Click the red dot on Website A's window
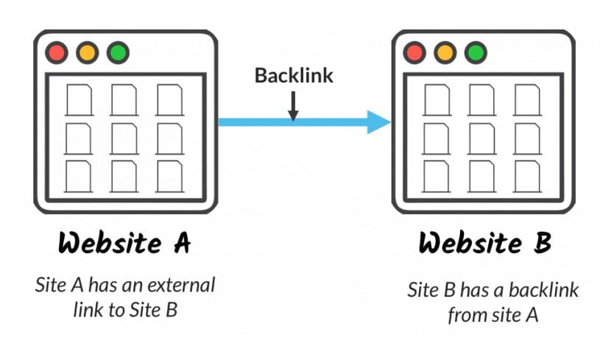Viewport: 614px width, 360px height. pos(57,53)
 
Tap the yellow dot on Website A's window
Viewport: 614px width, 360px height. pos(87,53)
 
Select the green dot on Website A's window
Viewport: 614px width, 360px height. pos(117,53)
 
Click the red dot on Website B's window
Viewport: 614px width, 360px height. pos(414,53)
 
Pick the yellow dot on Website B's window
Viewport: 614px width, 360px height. pos(444,53)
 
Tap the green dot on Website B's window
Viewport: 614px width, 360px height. pos(475,53)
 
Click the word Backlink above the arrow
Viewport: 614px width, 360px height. pos(294,75)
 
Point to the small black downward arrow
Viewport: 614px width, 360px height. pos(294,107)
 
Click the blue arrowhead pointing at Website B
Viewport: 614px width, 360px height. pos(378,122)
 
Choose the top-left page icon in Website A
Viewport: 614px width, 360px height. pos(79,99)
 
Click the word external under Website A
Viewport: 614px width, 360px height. pos(182,285)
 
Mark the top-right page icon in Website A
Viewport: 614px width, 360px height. pos(169,99)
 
